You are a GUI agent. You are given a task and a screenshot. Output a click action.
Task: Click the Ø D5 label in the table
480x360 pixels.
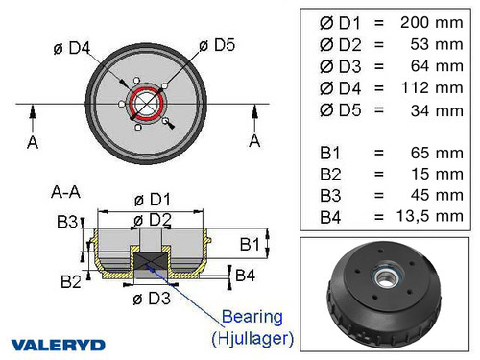pyautogui.click(x=335, y=110)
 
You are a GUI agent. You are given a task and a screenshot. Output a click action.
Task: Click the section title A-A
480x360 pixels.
pyautogui.click(x=65, y=191)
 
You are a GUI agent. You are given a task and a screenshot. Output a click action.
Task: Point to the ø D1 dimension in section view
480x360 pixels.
pyautogui.click(x=151, y=200)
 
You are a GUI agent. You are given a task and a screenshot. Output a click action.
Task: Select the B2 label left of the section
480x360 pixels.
pyautogui.click(x=70, y=281)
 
